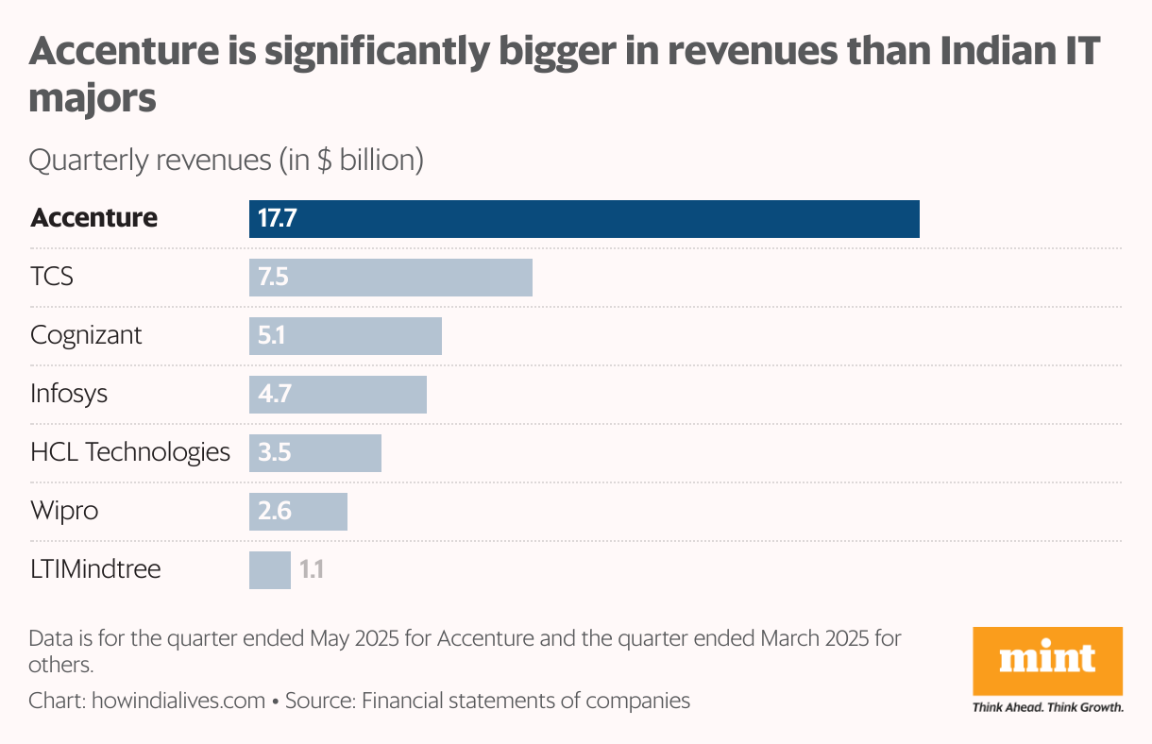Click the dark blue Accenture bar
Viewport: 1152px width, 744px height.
[x=584, y=219]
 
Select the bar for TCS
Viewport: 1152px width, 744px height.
[x=391, y=278]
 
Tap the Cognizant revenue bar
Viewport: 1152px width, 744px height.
[x=346, y=336]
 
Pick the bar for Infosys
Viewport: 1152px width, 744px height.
[x=338, y=394]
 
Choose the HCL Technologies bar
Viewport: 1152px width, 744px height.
[x=315, y=452]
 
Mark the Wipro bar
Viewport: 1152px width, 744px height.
[x=298, y=511]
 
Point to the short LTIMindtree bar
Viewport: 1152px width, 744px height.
[x=270, y=569]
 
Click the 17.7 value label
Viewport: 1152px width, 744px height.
[x=278, y=219]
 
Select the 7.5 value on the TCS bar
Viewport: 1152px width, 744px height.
[x=273, y=278]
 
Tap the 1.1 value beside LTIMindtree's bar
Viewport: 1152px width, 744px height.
[x=312, y=569]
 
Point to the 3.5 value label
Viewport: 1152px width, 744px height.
[x=274, y=452]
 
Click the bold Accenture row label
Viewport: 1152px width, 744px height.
[x=94, y=218]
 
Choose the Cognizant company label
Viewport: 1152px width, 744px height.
[x=87, y=335]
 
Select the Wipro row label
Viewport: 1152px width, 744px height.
[x=64, y=511]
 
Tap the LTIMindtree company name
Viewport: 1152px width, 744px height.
[x=95, y=569]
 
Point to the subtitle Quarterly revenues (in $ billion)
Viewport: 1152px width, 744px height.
[x=227, y=161]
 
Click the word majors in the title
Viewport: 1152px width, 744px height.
[x=93, y=98]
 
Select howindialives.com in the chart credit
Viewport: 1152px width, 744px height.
[x=178, y=701]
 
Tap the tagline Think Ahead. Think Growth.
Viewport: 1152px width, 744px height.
[x=1048, y=707]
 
